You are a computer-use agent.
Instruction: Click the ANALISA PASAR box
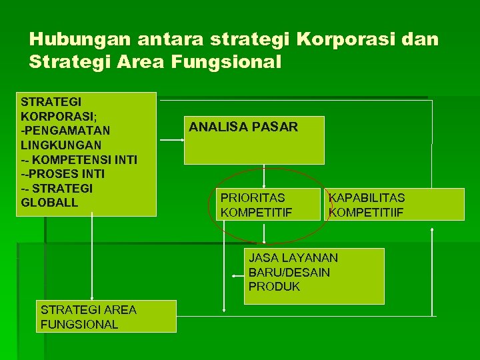[254, 141]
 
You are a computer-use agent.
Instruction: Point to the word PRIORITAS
[253, 197]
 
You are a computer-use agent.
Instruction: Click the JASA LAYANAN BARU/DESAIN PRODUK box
[314, 275]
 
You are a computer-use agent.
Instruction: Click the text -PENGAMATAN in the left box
[66, 130]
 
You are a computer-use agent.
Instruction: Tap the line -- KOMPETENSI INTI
[79, 159]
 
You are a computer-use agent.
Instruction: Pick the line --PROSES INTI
[63, 173]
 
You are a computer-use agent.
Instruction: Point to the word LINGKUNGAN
[61, 145]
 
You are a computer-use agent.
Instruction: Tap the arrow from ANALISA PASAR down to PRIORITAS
[265, 177]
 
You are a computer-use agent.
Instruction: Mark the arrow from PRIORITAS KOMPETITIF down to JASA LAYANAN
[265, 234]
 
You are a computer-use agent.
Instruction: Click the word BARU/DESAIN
[289, 272]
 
